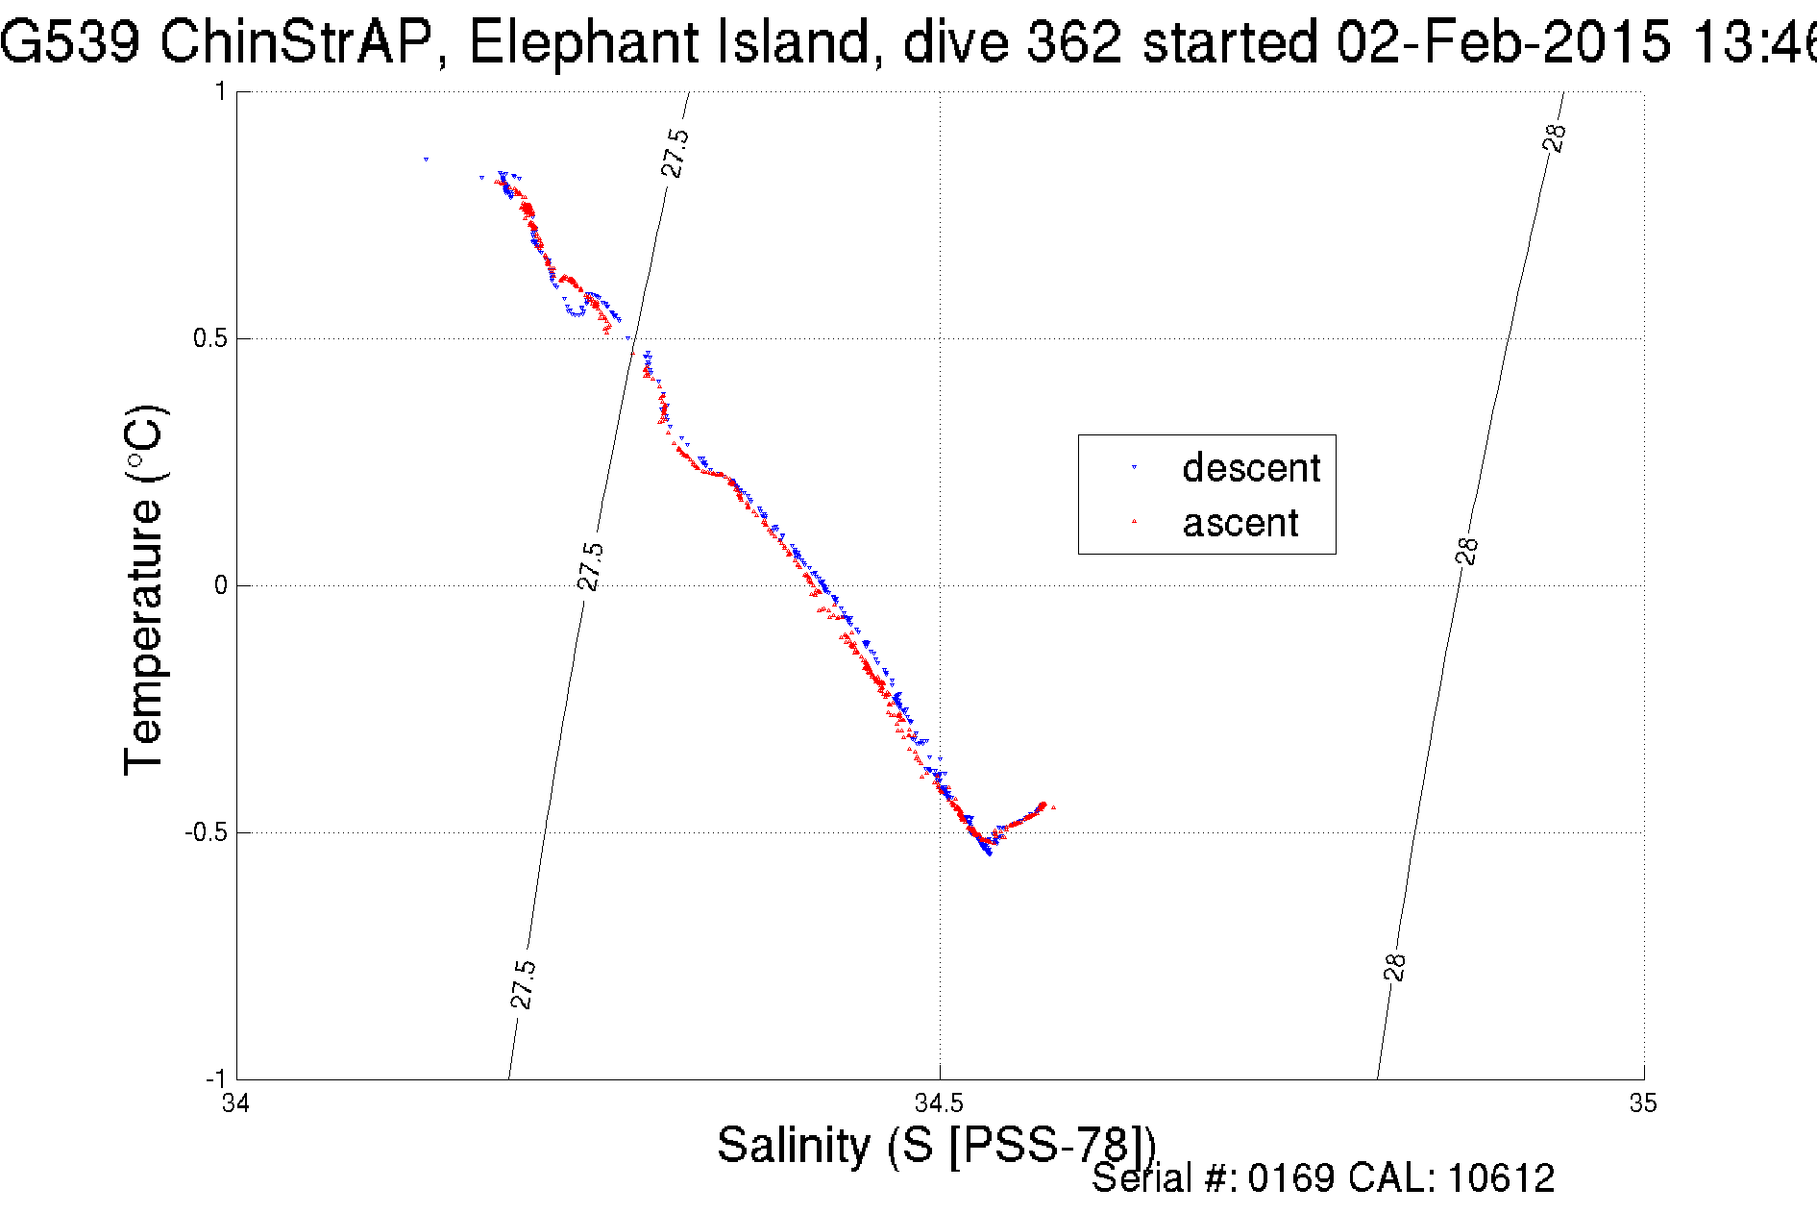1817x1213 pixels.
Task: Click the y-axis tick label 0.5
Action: point(209,338)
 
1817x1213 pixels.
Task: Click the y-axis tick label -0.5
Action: point(206,832)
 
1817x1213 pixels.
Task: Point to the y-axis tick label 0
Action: point(221,585)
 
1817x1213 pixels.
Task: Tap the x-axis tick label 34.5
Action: point(939,1102)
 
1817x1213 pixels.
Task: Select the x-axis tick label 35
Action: point(1642,1102)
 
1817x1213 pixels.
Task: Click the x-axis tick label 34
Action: point(235,1102)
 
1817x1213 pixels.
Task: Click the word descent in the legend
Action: point(1251,468)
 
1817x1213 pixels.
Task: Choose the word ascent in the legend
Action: point(1240,524)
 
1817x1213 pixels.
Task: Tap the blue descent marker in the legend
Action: point(1134,467)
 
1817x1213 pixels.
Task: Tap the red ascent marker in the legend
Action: point(1134,522)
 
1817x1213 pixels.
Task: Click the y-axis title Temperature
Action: point(144,590)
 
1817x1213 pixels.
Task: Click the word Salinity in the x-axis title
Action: point(793,1146)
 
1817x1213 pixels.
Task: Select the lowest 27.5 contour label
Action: point(523,984)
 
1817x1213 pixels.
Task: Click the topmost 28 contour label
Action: point(1555,137)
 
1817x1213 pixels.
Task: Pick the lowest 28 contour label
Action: point(1395,967)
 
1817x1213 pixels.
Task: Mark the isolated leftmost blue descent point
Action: point(426,159)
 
